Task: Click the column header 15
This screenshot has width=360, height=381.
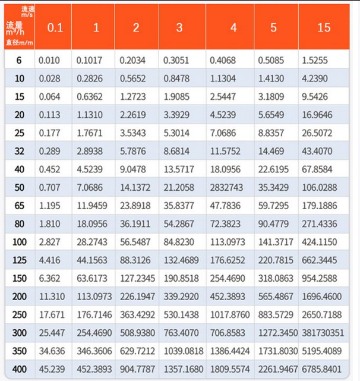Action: [324, 28]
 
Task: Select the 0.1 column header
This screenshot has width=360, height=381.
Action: [55, 28]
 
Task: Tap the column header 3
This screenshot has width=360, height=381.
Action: [179, 28]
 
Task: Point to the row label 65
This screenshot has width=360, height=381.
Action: [20, 206]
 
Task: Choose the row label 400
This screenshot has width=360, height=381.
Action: [20, 369]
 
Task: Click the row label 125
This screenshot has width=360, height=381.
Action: [20, 260]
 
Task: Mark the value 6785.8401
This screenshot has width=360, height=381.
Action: [323, 369]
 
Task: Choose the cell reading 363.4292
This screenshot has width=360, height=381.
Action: [138, 314]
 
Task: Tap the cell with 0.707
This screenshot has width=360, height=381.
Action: [49, 188]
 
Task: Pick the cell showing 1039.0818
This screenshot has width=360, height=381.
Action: [182, 351]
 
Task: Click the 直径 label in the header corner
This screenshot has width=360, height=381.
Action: [13, 42]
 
